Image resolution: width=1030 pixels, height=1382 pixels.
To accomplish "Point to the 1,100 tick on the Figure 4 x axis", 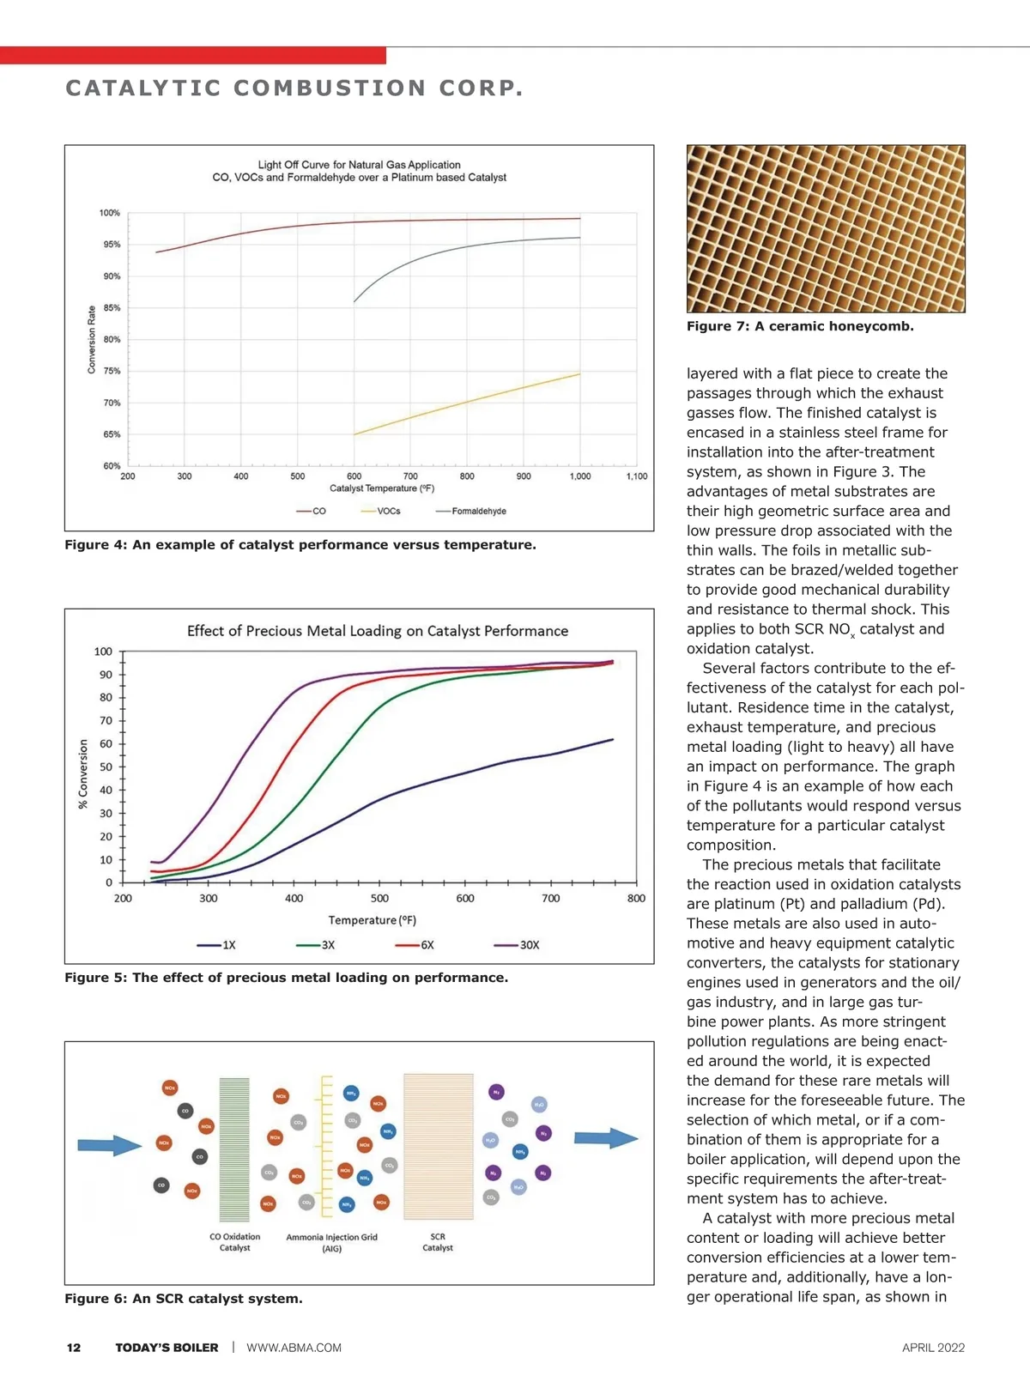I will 637,476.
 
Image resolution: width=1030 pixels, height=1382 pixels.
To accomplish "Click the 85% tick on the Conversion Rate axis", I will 112,308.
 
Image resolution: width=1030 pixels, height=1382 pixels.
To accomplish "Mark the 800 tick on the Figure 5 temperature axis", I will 636,899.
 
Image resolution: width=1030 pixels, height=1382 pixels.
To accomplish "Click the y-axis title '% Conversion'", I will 83,773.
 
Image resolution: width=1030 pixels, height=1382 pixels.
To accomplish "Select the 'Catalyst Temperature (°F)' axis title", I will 382,489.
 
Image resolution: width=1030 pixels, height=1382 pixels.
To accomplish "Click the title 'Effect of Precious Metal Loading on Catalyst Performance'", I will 378,631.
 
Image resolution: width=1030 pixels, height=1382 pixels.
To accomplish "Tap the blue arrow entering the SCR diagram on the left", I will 109,1145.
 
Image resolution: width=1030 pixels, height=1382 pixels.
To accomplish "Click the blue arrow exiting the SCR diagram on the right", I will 606,1138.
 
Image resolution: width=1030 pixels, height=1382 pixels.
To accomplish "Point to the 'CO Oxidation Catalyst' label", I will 234,1242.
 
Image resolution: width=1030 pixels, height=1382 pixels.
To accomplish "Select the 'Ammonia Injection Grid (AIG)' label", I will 331,1243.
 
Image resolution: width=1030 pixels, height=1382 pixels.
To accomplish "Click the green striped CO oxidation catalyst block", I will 234,1149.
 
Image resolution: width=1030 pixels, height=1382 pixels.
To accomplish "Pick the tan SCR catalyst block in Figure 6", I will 439,1146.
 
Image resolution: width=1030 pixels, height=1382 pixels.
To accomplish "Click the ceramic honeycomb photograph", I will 826,228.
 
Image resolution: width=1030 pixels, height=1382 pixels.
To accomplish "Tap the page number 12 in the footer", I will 74,1348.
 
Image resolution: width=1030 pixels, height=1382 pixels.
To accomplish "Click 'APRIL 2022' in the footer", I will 933,1348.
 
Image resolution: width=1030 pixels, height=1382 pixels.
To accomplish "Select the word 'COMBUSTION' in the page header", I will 330,88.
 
